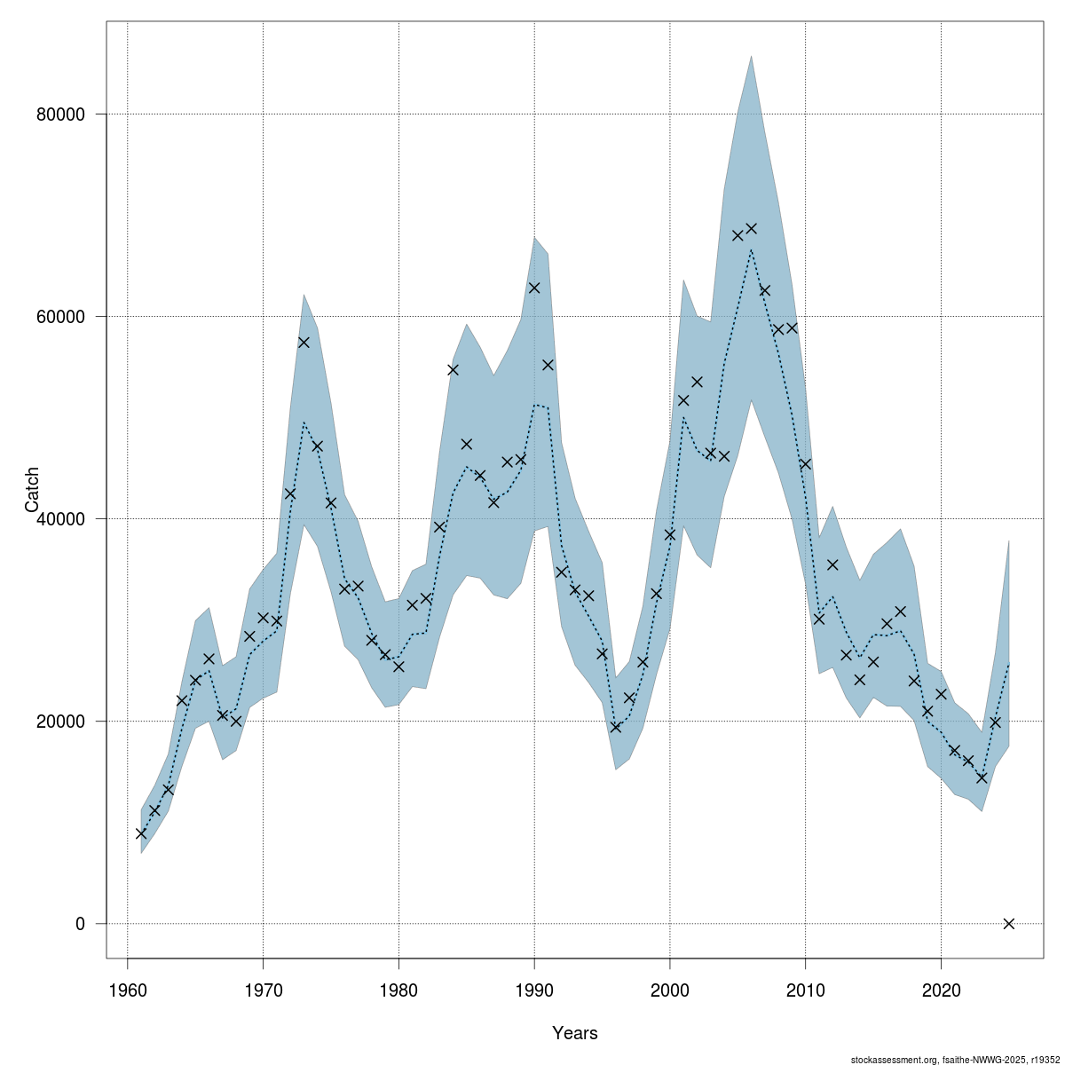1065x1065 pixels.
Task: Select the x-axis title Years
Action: [575, 1033]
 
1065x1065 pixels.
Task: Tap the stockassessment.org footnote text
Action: [955, 1060]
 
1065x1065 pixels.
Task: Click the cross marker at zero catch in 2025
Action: [1008, 924]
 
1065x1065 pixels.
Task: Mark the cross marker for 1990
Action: [534, 288]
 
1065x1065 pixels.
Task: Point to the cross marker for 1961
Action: [141, 833]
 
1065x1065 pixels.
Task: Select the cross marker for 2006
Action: [751, 228]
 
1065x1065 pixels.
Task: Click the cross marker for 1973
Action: [304, 343]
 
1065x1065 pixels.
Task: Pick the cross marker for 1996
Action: [616, 728]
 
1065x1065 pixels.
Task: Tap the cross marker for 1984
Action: [453, 370]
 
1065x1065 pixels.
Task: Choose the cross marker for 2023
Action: [982, 777]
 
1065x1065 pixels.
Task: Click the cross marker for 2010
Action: [805, 464]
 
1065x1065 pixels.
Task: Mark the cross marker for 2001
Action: [683, 400]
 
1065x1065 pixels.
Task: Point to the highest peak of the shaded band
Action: [751, 56]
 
